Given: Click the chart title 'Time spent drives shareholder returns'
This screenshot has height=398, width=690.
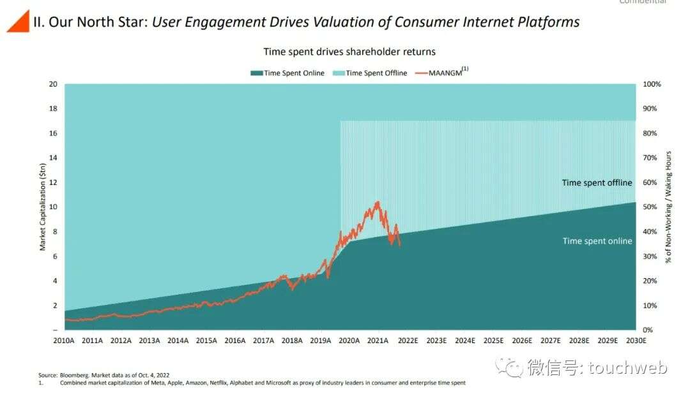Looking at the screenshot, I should point(349,52).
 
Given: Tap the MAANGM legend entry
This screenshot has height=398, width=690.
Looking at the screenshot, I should point(443,73).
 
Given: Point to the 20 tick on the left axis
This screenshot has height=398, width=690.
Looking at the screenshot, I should point(54,84).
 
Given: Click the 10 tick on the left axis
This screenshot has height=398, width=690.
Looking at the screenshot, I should point(54,207).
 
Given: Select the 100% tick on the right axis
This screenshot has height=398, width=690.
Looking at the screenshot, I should point(652,84).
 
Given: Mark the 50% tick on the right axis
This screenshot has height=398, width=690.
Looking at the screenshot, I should point(650,207).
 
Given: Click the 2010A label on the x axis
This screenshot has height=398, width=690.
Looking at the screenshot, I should point(64,341).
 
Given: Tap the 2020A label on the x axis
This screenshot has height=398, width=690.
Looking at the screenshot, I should point(349,341).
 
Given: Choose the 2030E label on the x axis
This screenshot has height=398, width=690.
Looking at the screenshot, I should point(635,341).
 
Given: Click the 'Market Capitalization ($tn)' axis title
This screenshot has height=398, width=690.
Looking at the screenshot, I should point(43,207).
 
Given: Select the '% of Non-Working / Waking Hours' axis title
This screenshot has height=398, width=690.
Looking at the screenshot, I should point(669,207).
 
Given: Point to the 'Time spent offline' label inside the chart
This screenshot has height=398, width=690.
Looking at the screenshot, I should point(597,183).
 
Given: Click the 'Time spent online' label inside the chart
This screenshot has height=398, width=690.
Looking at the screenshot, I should point(597,241).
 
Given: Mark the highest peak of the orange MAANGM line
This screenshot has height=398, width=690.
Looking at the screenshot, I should point(378,202).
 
